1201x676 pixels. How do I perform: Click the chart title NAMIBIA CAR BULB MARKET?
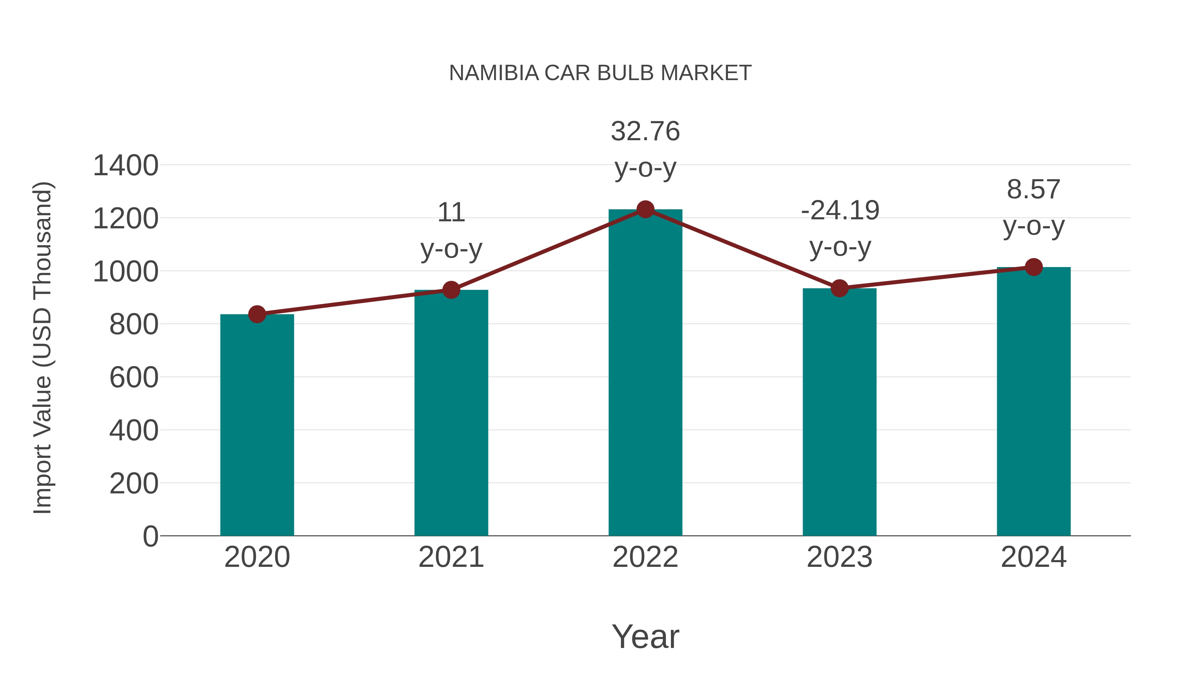click(600, 73)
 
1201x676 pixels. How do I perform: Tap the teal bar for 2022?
click(645, 373)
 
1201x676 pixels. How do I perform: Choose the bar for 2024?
click(1034, 401)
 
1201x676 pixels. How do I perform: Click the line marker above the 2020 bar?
click(257, 314)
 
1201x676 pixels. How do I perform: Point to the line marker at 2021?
click(451, 290)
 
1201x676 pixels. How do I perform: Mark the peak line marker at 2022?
click(645, 209)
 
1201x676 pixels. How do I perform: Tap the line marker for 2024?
click(1034, 267)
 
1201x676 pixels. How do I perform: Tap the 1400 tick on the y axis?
click(125, 165)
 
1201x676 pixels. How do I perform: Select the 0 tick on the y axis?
click(150, 536)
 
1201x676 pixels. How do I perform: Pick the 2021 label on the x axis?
click(451, 557)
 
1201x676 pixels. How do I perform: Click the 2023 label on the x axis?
click(839, 557)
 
